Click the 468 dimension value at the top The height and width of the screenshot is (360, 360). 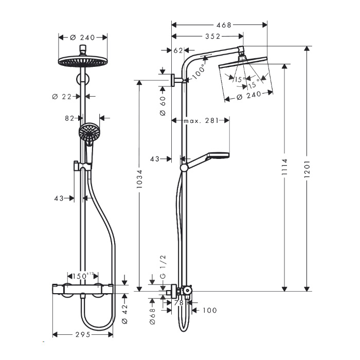[224, 25]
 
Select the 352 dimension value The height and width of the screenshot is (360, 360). [212, 37]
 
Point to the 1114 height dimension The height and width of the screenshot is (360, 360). [285, 167]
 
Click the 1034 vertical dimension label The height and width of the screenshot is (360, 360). [139, 179]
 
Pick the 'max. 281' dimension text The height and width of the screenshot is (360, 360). [201, 120]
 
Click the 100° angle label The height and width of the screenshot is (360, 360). [199, 71]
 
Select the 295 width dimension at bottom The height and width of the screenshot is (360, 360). [83, 334]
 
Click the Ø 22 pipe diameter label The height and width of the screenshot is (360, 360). [62, 97]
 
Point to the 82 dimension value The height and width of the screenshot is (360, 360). [69, 118]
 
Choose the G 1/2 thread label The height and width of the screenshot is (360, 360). [163, 266]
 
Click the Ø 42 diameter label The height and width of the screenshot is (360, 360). [124, 314]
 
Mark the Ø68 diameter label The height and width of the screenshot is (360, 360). [153, 316]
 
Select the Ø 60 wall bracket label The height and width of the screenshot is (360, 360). [163, 106]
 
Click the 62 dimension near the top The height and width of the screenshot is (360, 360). [178, 50]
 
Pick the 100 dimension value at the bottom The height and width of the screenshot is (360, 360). [210, 311]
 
